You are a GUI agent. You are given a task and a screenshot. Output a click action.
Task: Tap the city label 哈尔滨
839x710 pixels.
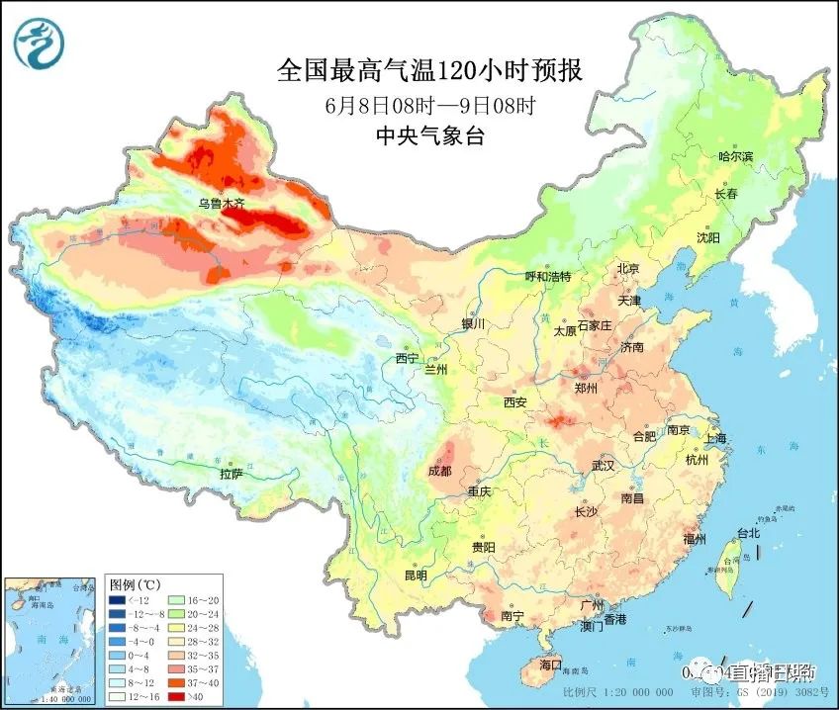point(735,157)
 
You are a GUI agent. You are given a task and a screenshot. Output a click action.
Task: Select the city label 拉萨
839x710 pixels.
point(231,474)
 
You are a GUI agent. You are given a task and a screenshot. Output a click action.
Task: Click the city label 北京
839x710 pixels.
point(629,269)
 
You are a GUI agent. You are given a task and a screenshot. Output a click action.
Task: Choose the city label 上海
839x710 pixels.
point(715,438)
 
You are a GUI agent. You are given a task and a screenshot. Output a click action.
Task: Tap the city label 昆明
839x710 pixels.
point(416,576)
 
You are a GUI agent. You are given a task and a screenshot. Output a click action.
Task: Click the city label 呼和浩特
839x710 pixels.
point(547,277)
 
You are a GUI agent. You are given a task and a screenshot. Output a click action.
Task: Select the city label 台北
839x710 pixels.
point(748,533)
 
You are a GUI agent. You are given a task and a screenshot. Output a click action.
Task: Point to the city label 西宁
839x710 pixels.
point(407,358)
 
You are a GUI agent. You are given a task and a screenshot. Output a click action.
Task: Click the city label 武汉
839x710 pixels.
point(603,465)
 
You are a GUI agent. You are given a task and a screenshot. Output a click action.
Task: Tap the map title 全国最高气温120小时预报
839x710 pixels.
point(429,71)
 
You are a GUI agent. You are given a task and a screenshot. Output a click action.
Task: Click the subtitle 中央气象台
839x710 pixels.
point(431,137)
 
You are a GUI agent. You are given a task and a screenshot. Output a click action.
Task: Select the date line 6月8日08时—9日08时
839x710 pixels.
point(429,106)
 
